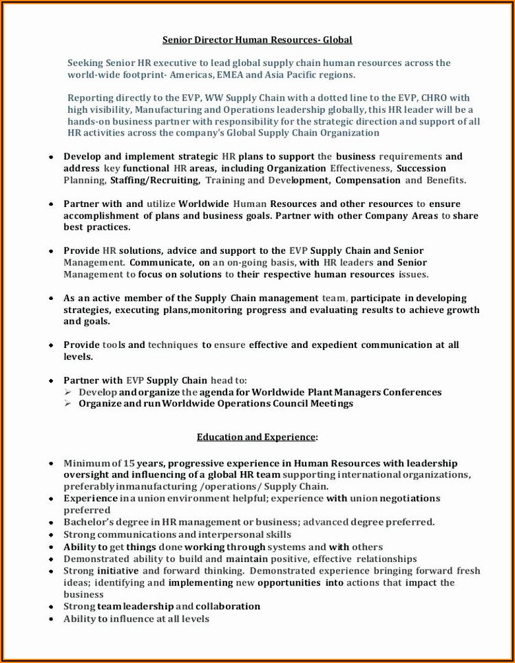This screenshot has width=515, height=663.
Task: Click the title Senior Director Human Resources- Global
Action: tap(257, 40)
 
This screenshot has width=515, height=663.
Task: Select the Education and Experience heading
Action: tap(257, 437)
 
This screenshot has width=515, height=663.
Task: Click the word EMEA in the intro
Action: tap(230, 74)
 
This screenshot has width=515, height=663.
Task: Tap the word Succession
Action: tap(421, 168)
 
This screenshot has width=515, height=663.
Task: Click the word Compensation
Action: tap(367, 180)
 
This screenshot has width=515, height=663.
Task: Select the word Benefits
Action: tap(445, 180)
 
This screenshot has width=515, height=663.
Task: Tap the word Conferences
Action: tap(412, 392)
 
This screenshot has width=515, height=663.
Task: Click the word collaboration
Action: tap(228, 607)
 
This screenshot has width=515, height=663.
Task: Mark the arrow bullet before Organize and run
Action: tap(68, 404)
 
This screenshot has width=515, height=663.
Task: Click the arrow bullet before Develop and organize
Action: tap(68, 392)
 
